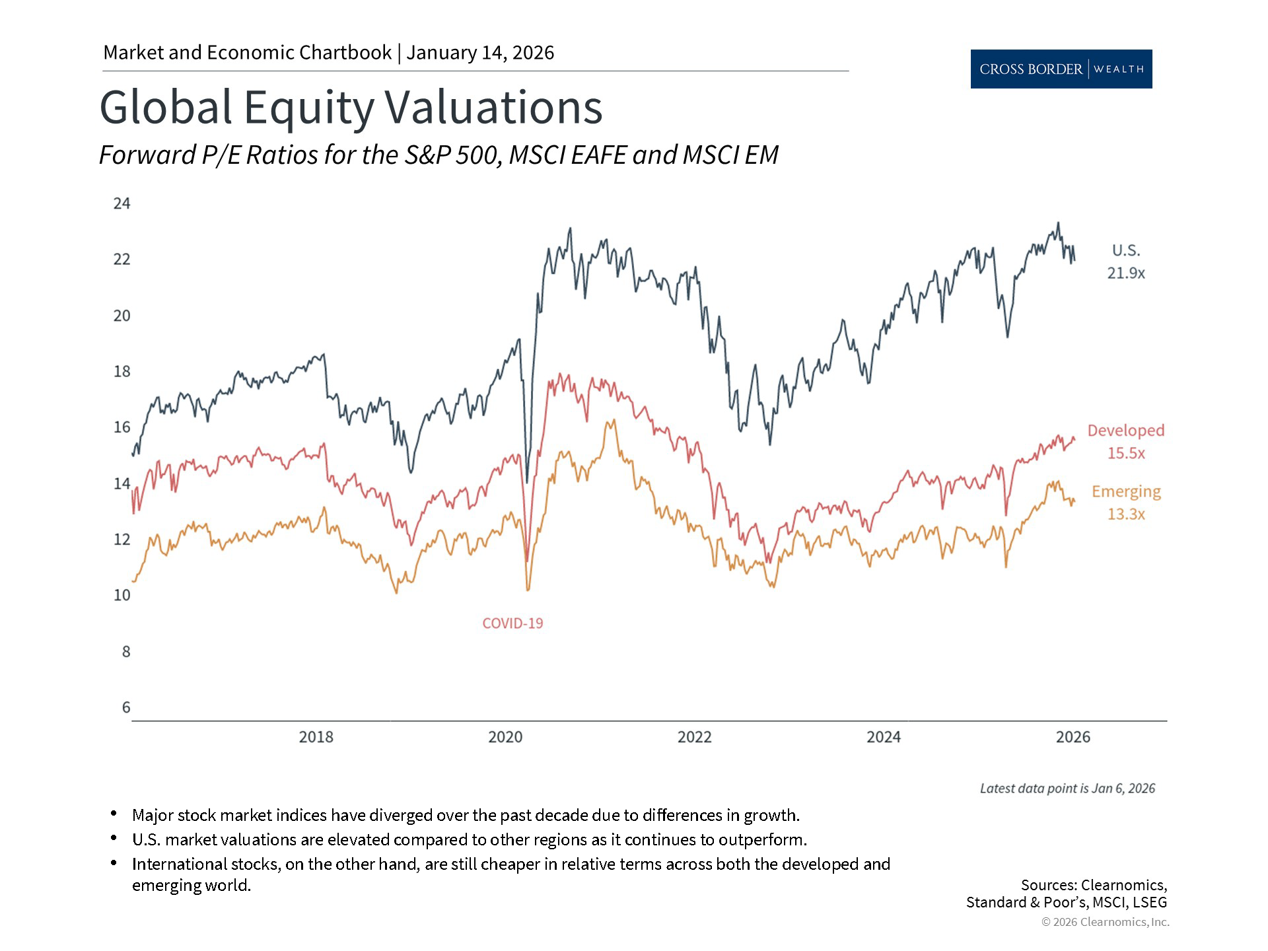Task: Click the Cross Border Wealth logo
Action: click(1061, 69)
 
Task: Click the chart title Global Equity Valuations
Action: click(351, 107)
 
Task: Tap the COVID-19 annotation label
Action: click(512, 623)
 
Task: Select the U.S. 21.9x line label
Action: click(1126, 262)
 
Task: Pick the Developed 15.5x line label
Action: click(1126, 442)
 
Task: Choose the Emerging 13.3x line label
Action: click(1126, 503)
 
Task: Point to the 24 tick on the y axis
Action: click(122, 203)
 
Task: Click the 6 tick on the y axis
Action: click(126, 707)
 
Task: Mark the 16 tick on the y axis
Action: click(122, 427)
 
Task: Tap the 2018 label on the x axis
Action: click(316, 737)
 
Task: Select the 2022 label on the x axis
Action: click(694, 737)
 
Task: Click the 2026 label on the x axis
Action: click(1073, 737)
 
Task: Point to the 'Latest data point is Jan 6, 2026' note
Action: click(1067, 789)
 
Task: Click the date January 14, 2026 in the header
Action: click(480, 53)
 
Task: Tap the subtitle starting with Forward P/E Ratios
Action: click(439, 155)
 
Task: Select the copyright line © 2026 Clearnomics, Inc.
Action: click(1105, 922)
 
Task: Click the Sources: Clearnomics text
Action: click(1094, 885)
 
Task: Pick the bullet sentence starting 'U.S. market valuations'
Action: click(469, 839)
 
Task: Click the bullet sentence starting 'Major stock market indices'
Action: click(466, 815)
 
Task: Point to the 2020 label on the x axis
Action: click(505, 737)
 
